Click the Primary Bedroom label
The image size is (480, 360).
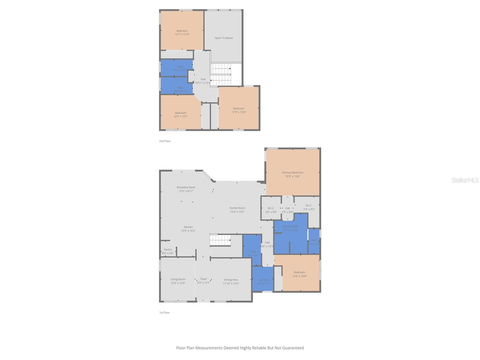(x=292, y=172)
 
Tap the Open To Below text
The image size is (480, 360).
(x=223, y=38)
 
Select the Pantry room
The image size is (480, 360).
(x=168, y=251)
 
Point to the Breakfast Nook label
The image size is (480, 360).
(x=186, y=187)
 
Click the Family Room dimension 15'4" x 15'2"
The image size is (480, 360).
(x=237, y=212)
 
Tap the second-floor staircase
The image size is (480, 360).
(x=221, y=74)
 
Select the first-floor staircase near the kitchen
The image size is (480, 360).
(x=220, y=240)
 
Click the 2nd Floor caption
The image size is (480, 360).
(x=165, y=141)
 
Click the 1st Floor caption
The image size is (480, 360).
(x=164, y=313)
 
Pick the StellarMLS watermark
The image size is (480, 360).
(x=465, y=180)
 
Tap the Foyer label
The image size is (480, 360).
(x=203, y=279)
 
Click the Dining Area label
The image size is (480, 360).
(x=231, y=280)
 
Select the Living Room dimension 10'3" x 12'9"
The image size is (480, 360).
(x=178, y=283)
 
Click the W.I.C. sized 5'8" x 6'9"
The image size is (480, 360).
(x=271, y=210)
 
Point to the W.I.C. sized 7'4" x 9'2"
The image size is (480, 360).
(x=309, y=207)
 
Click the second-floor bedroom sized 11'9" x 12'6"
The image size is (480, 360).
(x=238, y=110)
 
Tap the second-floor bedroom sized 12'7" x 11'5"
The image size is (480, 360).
(x=182, y=32)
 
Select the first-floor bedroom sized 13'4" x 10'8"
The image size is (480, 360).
(x=299, y=274)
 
